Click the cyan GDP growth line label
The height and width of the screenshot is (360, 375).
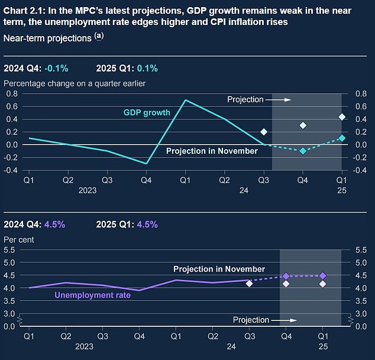pyautogui.click(x=147, y=112)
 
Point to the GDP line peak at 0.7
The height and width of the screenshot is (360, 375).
pyautogui.click(x=186, y=100)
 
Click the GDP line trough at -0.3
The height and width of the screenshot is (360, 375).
pyautogui.click(x=147, y=163)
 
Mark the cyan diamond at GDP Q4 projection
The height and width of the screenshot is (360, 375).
pyautogui.click(x=303, y=151)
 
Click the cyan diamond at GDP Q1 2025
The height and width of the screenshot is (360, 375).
pyautogui.click(x=342, y=138)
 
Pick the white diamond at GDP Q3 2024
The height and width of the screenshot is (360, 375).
pyautogui.click(x=264, y=131)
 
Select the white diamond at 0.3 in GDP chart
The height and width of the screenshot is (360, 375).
pyautogui.click(x=303, y=125)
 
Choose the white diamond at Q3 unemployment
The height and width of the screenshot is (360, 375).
pyautogui.click(x=249, y=284)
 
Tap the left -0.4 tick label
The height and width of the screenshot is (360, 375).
pyautogui.click(x=10, y=170)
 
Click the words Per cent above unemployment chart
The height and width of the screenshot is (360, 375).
pyautogui.click(x=19, y=240)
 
